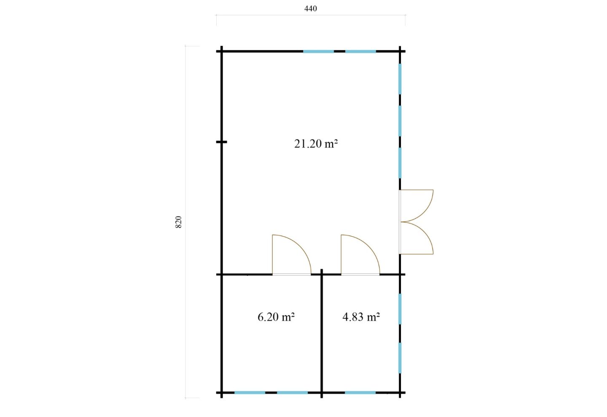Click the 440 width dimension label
[x=310, y=9]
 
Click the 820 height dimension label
[x=178, y=222]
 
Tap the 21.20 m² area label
[x=316, y=144]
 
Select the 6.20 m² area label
[x=276, y=317]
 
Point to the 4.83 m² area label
[x=361, y=317]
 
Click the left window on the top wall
[x=318, y=51]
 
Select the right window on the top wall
[x=360, y=51]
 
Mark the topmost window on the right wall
[x=400, y=79]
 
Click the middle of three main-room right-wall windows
[x=400, y=121]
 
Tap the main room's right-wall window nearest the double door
[x=400, y=163]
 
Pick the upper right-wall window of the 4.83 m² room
[x=400, y=309]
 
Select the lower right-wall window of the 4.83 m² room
[x=400, y=358]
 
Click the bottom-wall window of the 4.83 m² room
[x=360, y=393]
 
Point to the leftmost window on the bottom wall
[x=250, y=393]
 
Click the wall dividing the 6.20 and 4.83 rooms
[x=322, y=334]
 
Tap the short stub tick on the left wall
[x=222, y=142]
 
